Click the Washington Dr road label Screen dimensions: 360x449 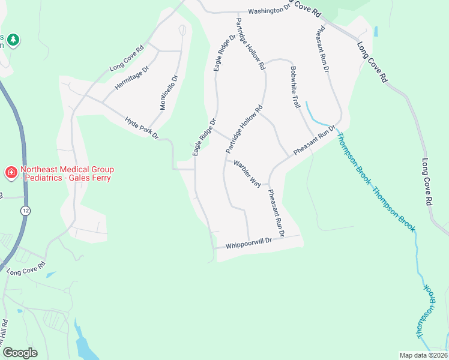[x=268, y=11]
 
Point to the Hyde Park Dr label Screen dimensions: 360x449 [x=141, y=128]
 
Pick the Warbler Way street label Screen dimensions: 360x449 [x=247, y=173]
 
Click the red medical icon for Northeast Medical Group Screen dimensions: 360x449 [x=11, y=173]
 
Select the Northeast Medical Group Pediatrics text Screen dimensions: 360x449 [x=67, y=174]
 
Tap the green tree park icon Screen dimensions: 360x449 [x=13, y=40]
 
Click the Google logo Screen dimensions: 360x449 [x=20, y=352]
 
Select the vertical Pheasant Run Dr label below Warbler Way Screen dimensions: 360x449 [x=276, y=212]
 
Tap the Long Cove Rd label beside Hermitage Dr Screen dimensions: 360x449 [x=127, y=59]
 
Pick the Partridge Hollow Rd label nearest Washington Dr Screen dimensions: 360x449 [x=250, y=44]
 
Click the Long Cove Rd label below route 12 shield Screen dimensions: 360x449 [x=26, y=268]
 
